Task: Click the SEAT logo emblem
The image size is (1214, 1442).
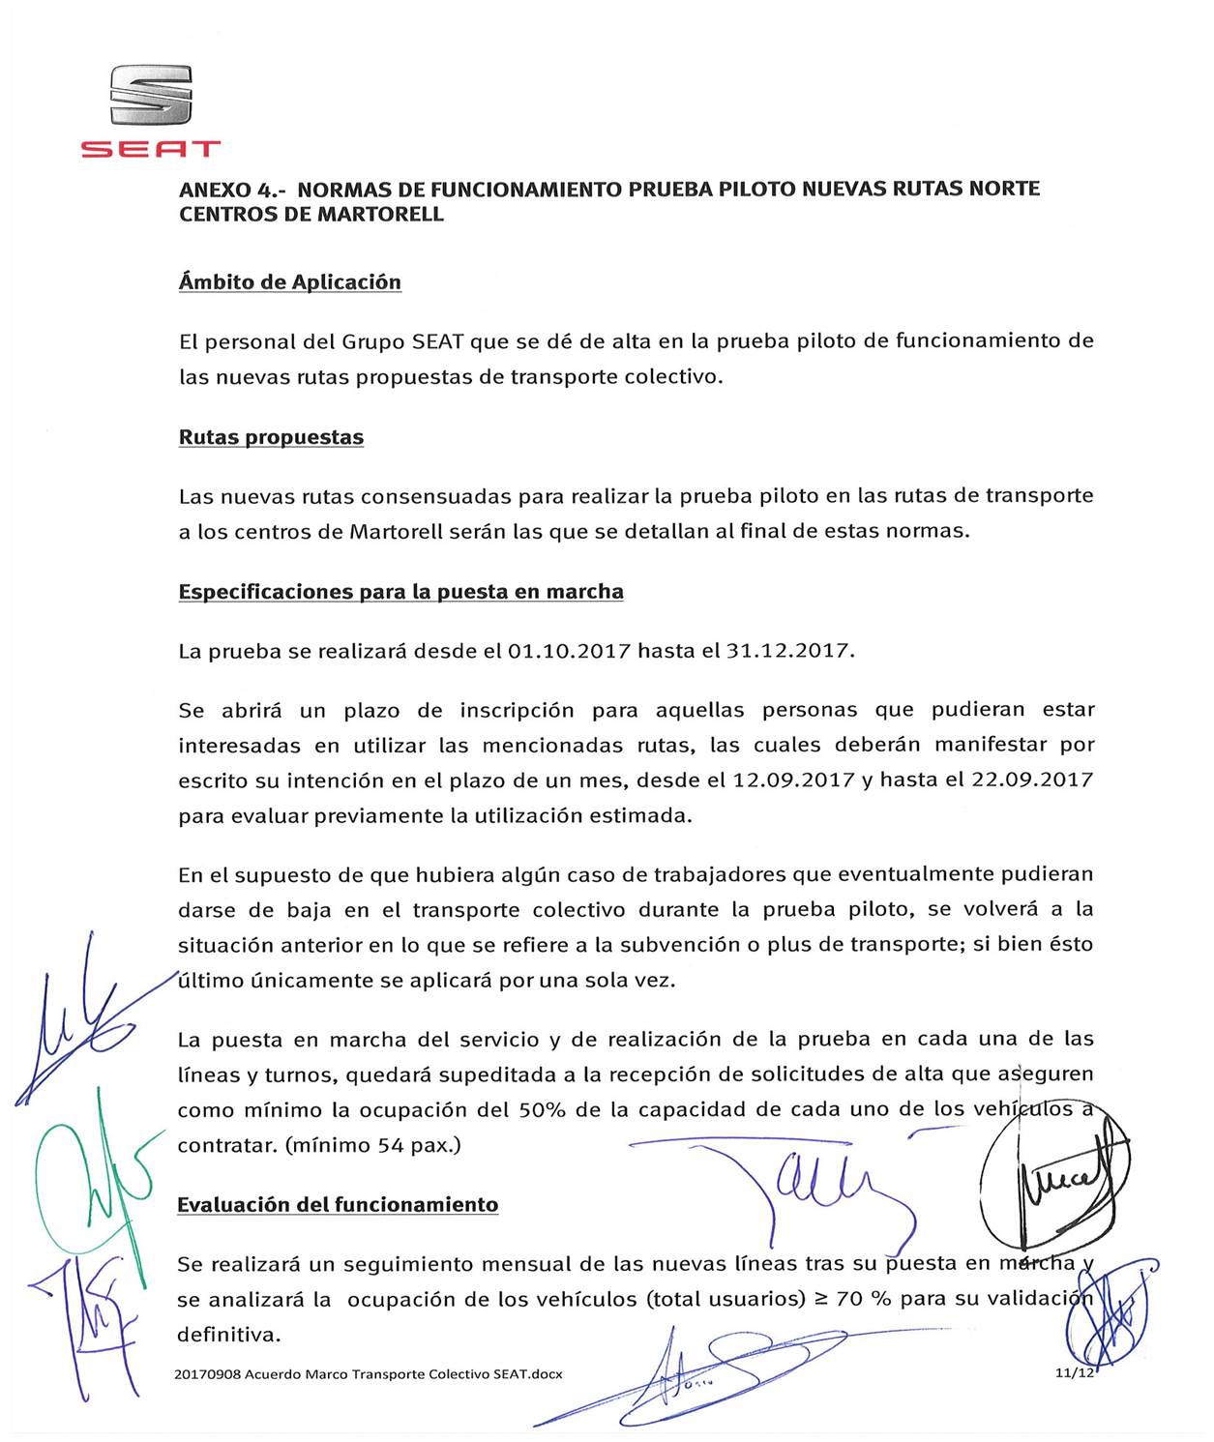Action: click(151, 95)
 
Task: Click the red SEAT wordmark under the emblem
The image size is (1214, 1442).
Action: click(151, 149)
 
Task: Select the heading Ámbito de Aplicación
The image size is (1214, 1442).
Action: click(290, 282)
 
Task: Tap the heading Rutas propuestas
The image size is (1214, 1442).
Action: click(271, 437)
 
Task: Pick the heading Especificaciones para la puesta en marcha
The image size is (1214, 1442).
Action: click(400, 592)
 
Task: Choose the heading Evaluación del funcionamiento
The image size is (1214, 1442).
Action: click(338, 1205)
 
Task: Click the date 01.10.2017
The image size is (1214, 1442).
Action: click(569, 651)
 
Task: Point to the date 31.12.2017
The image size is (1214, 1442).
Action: click(789, 651)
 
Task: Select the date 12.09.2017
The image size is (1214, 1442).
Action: click(793, 780)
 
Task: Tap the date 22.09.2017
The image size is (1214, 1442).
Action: click(1032, 780)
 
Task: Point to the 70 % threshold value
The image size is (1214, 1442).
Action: click(863, 1300)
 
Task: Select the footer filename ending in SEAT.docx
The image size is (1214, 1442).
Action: click(369, 1374)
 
